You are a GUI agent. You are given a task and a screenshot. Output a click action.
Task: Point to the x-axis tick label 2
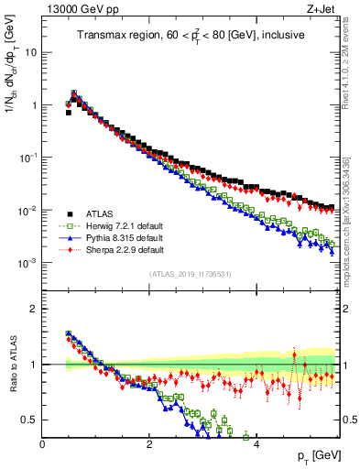pos(149,443)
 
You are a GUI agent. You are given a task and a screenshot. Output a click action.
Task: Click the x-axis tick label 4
pos(256,443)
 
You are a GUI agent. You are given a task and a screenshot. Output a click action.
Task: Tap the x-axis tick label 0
pos(43,443)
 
